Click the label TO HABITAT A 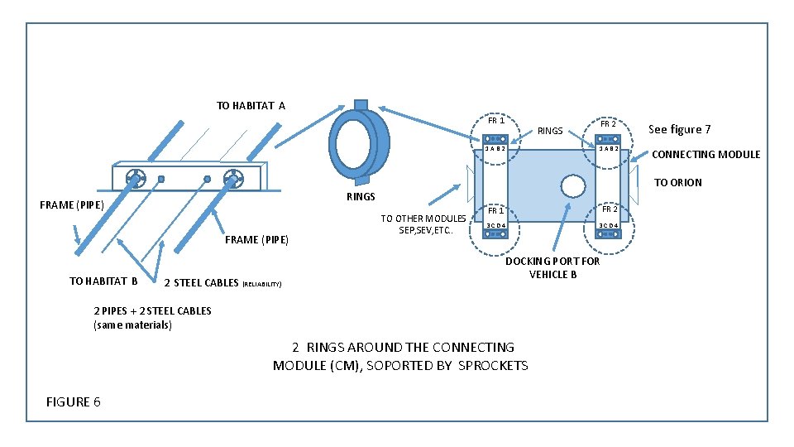(251, 105)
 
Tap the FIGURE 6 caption (74, 401)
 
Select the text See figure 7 (679, 129)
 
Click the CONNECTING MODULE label (706, 154)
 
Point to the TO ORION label (678, 182)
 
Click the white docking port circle (572, 185)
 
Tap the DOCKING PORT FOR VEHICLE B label (552, 267)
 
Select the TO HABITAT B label (103, 281)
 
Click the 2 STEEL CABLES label (201, 283)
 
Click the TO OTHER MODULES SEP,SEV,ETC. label (423, 224)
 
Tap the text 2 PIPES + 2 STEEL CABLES (152, 311)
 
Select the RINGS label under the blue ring (361, 196)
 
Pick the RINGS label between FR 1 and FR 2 (550, 131)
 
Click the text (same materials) (132, 325)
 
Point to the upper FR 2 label (608, 123)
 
